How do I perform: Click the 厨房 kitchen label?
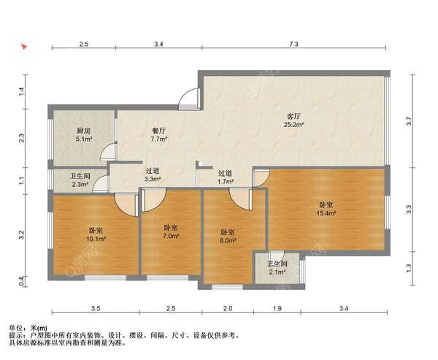click(x=84, y=130)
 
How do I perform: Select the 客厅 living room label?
click(x=293, y=116)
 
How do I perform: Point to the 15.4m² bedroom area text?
click(x=326, y=213)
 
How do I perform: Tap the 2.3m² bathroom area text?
click(x=80, y=185)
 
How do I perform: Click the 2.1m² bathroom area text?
click(x=277, y=272)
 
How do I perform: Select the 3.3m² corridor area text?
click(x=153, y=180)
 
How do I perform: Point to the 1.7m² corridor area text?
click(x=226, y=181)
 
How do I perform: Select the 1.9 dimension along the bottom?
click(x=277, y=310)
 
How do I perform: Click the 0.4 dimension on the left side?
click(x=22, y=280)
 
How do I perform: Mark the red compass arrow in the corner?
click(x=25, y=47)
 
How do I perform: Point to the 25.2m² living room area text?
click(x=293, y=125)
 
